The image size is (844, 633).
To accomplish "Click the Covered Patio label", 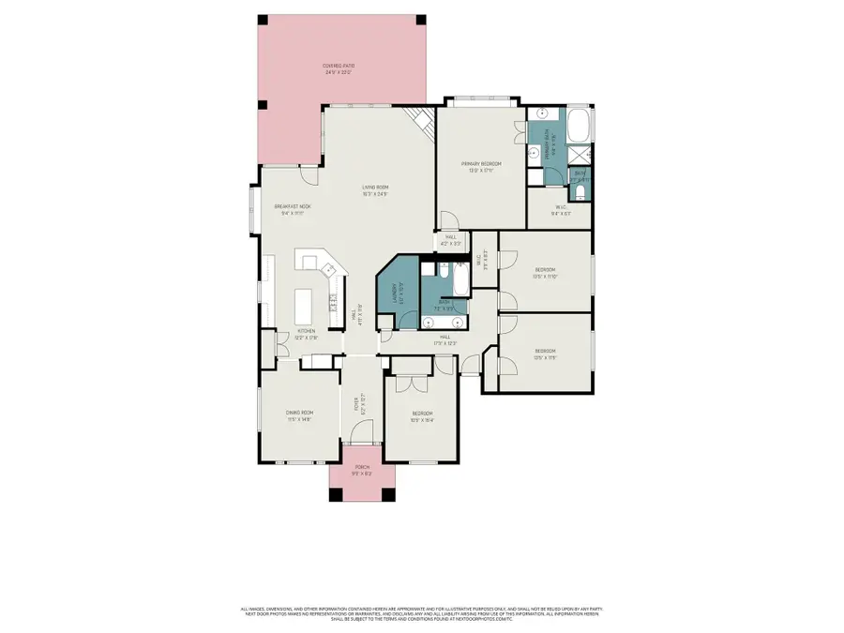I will [340, 66].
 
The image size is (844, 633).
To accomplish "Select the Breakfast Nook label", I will [292, 207].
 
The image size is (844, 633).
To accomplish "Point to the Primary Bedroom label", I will [476, 166].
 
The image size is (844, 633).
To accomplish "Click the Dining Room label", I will [299, 413].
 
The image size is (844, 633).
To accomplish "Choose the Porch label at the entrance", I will [362, 468].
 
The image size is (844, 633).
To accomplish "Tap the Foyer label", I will [356, 404].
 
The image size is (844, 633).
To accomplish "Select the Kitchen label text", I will [306, 331].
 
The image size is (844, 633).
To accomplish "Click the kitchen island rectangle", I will [304, 304].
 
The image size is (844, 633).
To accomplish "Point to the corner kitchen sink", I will [328, 270].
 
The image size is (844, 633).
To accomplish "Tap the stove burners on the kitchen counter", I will [333, 301].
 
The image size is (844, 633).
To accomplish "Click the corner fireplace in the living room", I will [422, 121].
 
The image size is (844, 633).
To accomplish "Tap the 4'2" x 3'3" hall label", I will [451, 240].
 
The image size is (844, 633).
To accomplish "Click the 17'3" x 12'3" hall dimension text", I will [446, 341].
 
